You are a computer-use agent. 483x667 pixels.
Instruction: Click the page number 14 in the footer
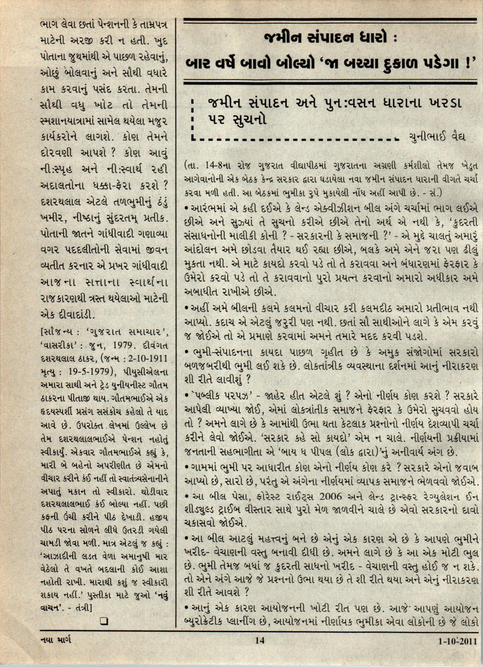point(260,650)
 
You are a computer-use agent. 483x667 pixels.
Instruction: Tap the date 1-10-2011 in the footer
point(458,652)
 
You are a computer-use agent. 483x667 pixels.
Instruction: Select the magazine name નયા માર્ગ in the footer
point(56,650)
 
